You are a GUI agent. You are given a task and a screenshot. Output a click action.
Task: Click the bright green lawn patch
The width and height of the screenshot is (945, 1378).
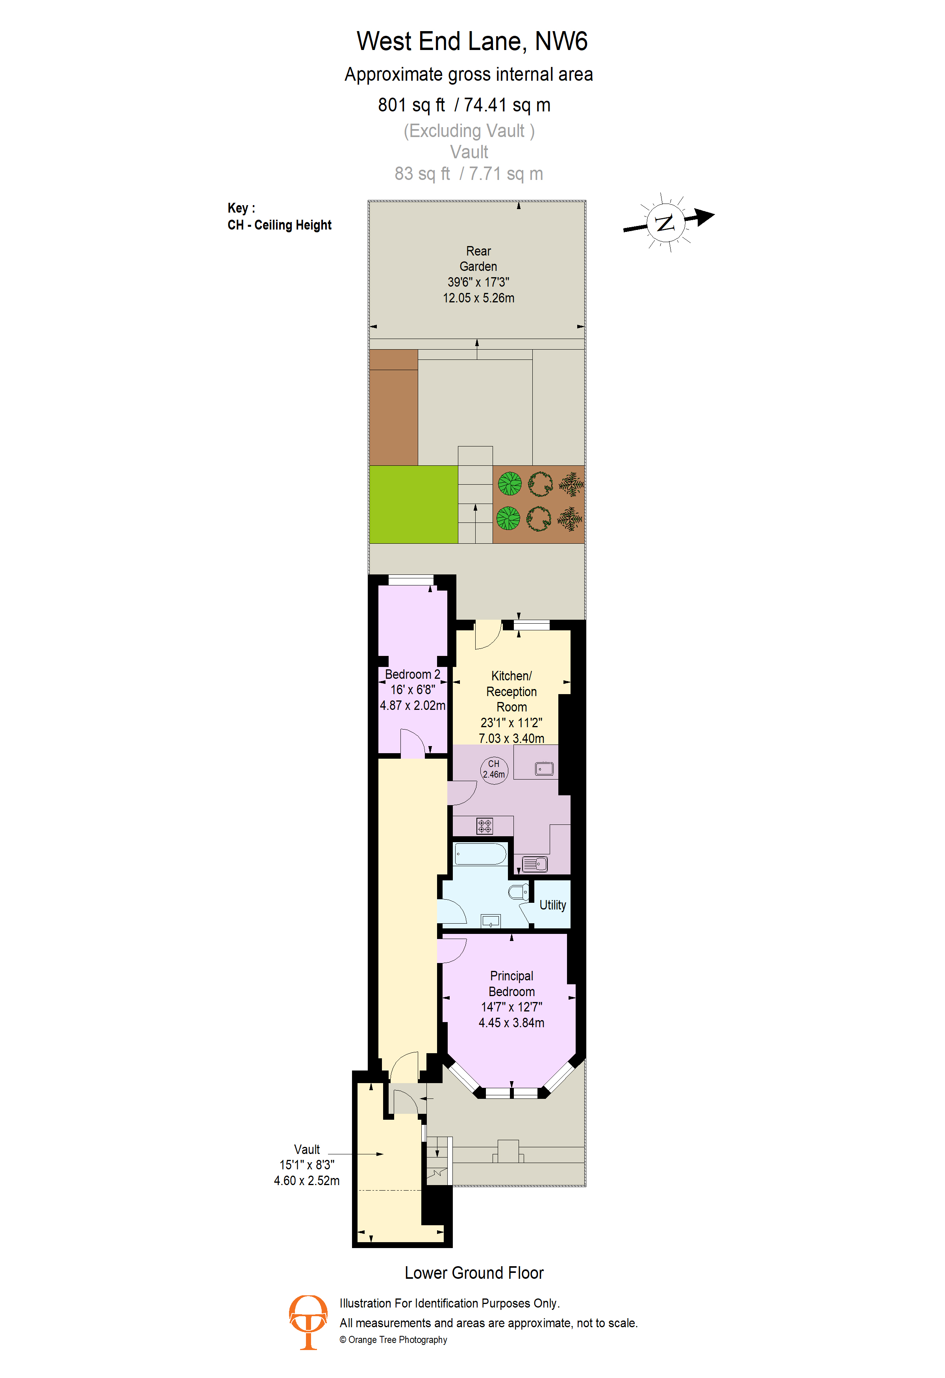pyautogui.click(x=413, y=505)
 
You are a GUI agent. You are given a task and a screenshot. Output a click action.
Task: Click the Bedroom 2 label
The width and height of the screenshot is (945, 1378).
pyautogui.click(x=413, y=674)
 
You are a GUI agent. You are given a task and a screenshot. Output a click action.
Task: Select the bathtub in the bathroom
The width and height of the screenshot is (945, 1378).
pyautogui.click(x=480, y=854)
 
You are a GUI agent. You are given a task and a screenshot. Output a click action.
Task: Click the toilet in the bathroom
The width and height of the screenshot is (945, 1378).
pyautogui.click(x=519, y=892)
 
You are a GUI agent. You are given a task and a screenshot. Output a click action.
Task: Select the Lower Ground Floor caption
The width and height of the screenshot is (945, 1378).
pyautogui.click(x=474, y=1272)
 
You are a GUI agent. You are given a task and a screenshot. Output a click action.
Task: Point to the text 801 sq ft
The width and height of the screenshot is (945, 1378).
pyautogui.click(x=411, y=105)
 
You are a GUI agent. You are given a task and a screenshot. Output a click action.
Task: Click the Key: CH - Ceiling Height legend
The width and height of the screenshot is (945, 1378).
pyautogui.click(x=279, y=217)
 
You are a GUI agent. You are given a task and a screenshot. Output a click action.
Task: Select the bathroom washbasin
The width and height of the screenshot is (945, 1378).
pyautogui.click(x=491, y=921)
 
